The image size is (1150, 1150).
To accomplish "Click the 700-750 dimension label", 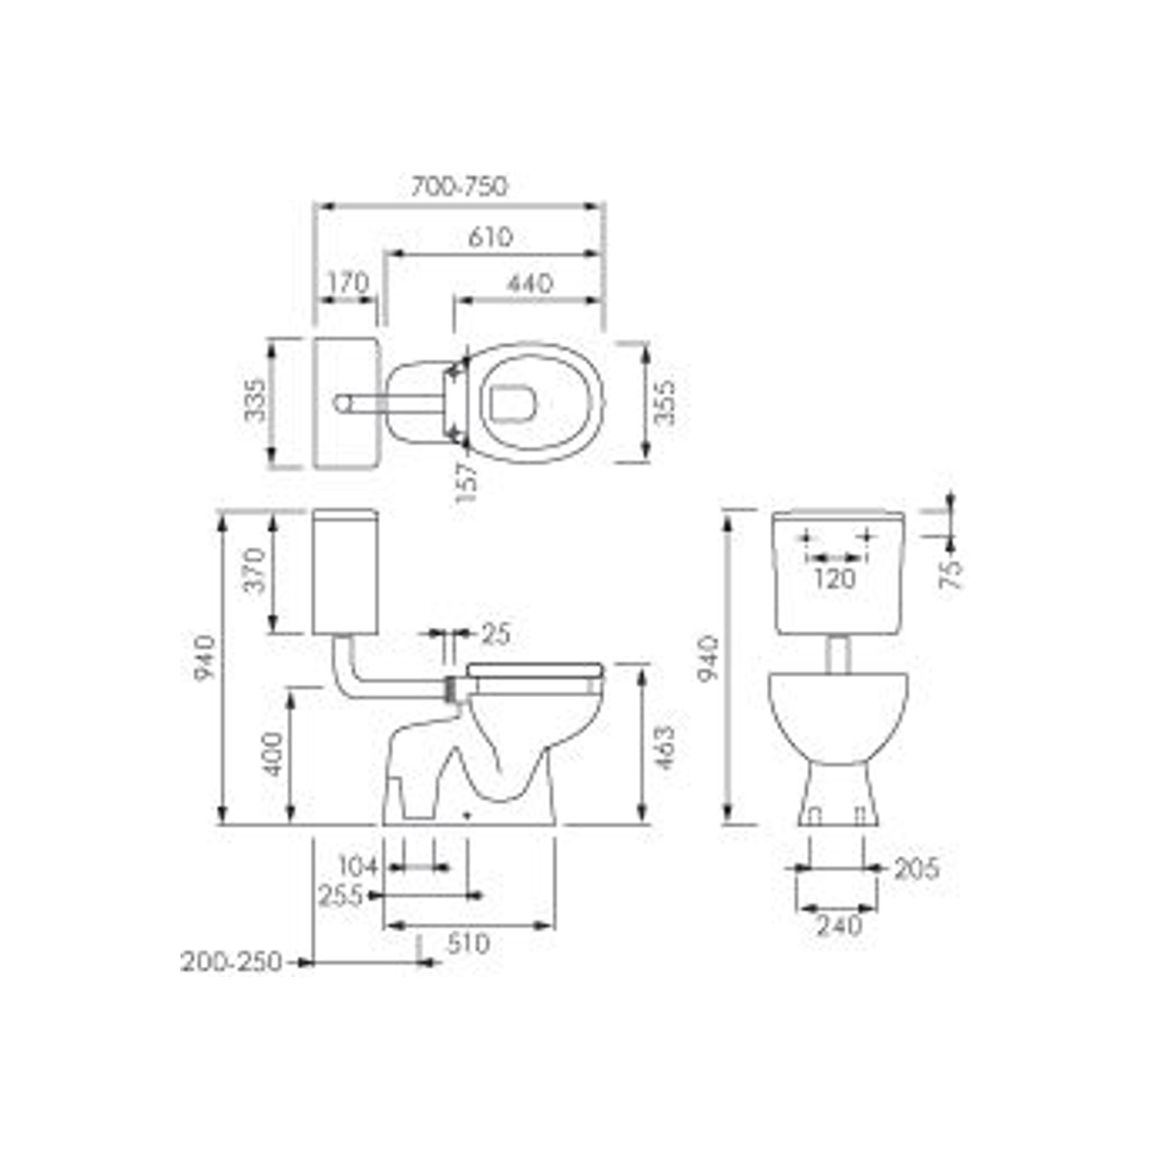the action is pyautogui.click(x=460, y=186).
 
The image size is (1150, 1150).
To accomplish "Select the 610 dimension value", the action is pyautogui.click(x=491, y=237).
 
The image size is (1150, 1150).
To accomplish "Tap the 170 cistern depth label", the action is pyautogui.click(x=348, y=283).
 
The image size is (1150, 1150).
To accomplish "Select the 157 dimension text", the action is pyautogui.click(x=466, y=482).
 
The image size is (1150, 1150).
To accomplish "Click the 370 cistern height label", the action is pyautogui.click(x=255, y=571).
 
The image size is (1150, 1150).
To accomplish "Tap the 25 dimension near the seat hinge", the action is pyautogui.click(x=495, y=635).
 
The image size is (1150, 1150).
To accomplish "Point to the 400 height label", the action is pyautogui.click(x=273, y=753).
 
